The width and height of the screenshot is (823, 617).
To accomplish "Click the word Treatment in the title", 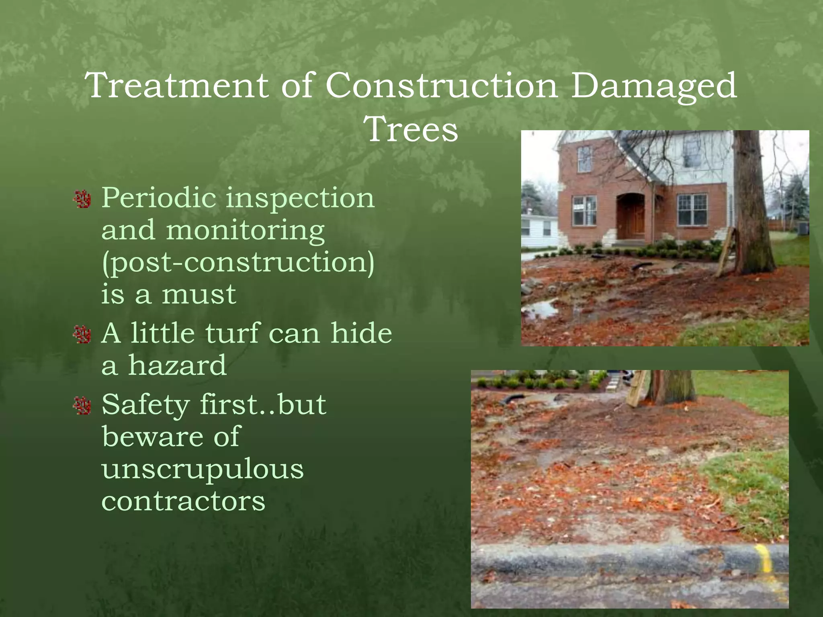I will coord(177,85).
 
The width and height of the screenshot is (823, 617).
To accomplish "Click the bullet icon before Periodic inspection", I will coord(83,199).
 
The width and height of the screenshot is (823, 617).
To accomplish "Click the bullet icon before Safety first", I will coord(83,406).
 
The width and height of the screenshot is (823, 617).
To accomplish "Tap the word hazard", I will coord(177,366).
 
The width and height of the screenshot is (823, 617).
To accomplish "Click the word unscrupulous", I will coord(203,469).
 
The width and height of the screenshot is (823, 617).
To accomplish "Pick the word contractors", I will coord(183,501).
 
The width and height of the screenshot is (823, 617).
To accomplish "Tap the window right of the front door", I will coord(692,210).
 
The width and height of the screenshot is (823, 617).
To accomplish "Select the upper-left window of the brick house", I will coord(585,159).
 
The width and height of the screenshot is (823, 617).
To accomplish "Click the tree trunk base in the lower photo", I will coord(670,388).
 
